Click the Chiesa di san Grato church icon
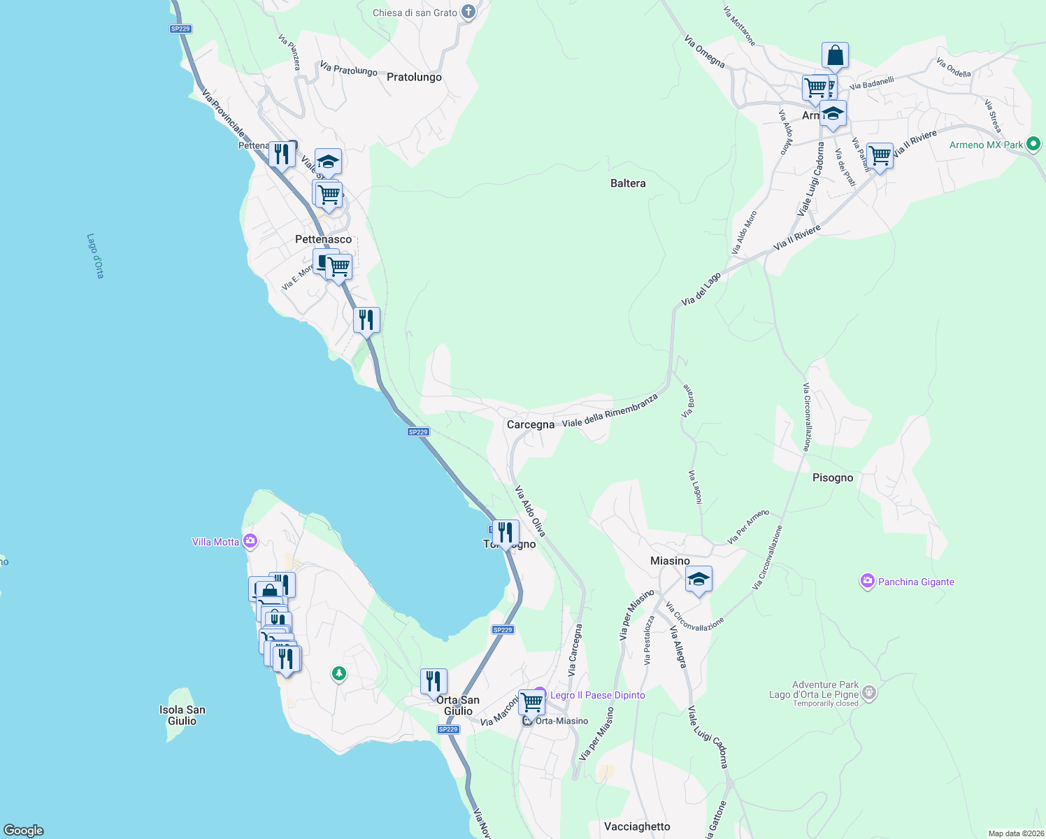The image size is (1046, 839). pos(468,12)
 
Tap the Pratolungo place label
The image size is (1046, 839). pos(414,77)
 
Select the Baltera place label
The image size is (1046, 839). pos(628,183)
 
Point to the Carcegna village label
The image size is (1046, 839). pos(530,424)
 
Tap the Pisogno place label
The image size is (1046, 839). pos(833,478)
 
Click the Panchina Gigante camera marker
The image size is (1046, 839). pos(868,581)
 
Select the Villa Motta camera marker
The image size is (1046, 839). pos(250,541)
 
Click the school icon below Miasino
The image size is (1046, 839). pos(698,580)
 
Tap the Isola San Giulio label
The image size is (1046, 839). pos(182,715)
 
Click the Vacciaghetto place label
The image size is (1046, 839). pos(636,826)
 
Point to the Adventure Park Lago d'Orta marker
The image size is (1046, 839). pos(869,693)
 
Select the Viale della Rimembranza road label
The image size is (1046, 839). pos(610,410)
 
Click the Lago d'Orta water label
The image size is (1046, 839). pos(95,256)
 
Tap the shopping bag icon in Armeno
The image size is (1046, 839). pos(835,55)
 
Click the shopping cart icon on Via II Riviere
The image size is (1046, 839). pos(880,156)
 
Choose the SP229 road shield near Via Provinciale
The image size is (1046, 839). pos(180,29)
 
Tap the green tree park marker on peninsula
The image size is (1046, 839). pos(339,673)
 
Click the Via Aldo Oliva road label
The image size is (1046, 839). pos(530,511)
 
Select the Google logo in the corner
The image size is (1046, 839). pos(24,830)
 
